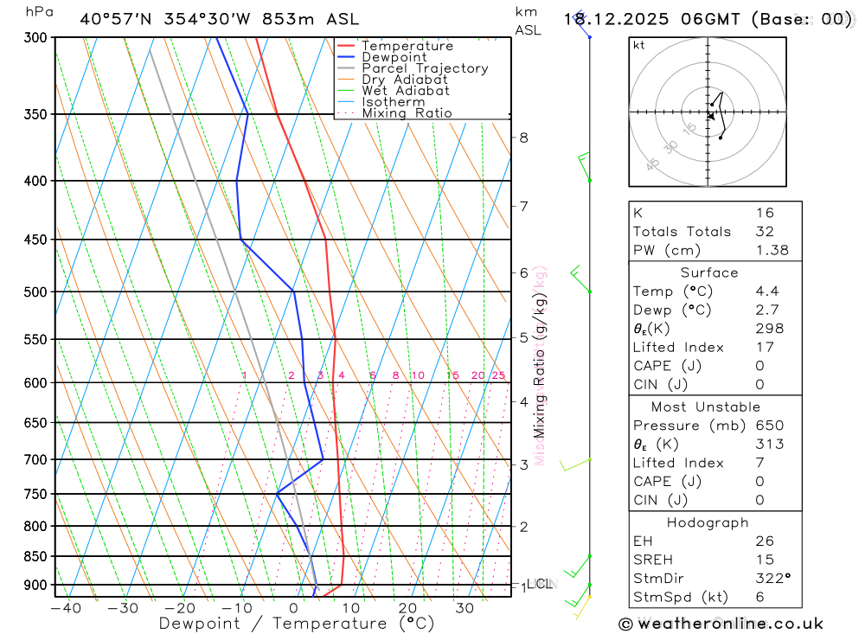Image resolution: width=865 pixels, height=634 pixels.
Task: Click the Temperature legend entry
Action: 407,46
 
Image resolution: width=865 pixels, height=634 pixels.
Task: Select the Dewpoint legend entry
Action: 394,57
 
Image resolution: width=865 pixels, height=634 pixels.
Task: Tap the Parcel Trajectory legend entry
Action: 425,68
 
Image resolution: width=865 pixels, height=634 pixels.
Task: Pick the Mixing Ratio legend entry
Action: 407,112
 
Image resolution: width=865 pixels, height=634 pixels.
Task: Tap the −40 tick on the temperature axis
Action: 66,608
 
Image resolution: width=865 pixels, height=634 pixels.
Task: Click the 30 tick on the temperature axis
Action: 465,608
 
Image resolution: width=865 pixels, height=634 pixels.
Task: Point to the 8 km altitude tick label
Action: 524,138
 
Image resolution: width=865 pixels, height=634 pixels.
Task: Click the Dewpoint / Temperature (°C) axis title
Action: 297,623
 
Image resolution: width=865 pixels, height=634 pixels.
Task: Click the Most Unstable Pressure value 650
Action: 768,426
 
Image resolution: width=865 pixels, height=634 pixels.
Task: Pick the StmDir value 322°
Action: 772,579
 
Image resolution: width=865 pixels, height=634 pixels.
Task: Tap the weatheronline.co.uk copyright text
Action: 721,624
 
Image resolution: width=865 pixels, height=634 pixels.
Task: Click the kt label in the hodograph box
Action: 638,46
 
